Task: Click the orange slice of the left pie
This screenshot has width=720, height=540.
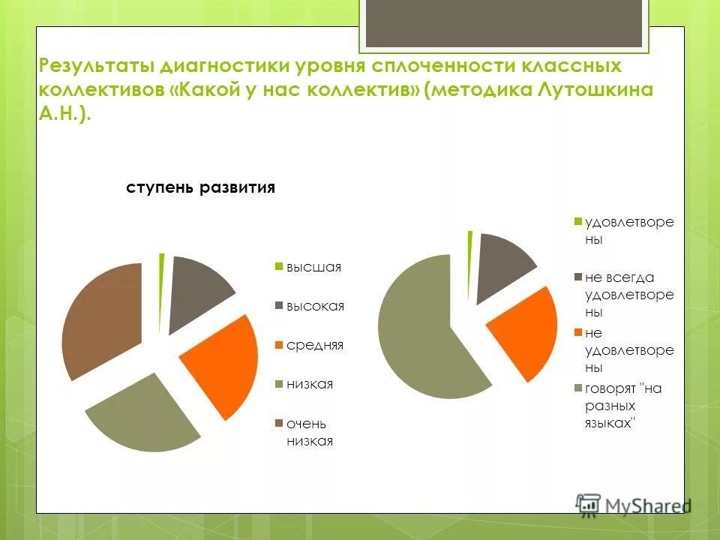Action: click(x=221, y=367)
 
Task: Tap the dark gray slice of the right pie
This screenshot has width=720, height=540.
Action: click(x=502, y=262)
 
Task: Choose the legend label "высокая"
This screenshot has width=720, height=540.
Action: click(x=314, y=306)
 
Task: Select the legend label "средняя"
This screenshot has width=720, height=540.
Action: click(x=314, y=345)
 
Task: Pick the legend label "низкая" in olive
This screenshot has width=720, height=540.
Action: click(x=310, y=384)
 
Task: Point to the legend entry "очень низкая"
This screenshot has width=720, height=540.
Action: click(x=309, y=432)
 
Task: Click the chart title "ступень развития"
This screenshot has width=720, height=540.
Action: click(x=200, y=187)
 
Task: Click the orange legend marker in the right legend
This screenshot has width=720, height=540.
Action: click(x=578, y=331)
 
